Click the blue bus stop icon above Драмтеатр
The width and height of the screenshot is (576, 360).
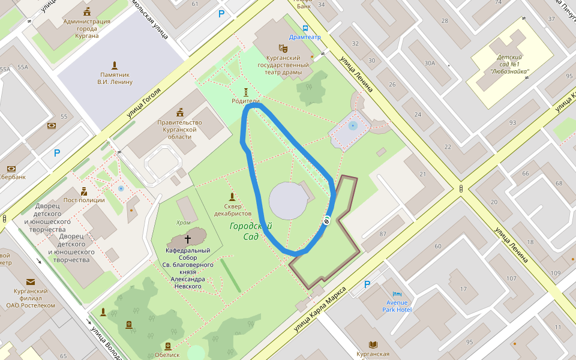click(x=305, y=28)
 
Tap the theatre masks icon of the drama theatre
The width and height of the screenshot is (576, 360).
click(x=283, y=48)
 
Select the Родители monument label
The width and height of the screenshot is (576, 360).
click(x=245, y=101)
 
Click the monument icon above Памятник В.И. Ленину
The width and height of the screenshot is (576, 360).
click(x=115, y=65)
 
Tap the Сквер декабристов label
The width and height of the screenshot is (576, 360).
click(x=233, y=209)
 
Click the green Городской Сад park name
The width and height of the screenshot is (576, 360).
click(x=251, y=231)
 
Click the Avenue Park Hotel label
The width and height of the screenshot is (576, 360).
click(x=397, y=306)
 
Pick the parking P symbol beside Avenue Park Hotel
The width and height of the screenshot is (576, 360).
click(x=367, y=284)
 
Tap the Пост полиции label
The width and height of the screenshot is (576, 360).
click(x=84, y=200)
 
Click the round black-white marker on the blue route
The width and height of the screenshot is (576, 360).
click(x=327, y=221)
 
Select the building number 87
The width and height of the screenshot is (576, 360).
click(x=382, y=233)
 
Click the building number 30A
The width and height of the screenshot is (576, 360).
click(x=430, y=63)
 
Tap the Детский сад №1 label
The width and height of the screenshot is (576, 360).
click(x=509, y=65)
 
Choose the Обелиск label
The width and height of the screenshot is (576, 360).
click(x=167, y=355)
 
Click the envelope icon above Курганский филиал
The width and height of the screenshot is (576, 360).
click(x=31, y=281)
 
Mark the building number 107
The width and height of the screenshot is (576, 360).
click(x=511, y=278)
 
